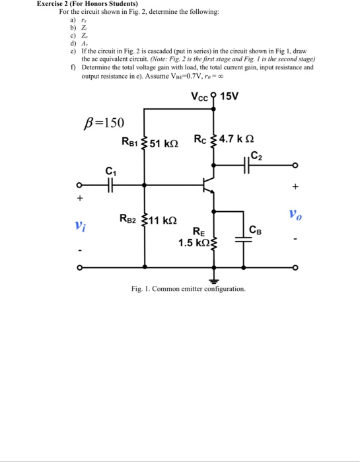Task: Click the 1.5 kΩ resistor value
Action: click(x=192, y=243)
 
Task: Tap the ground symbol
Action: click(x=213, y=278)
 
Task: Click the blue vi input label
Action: click(x=80, y=226)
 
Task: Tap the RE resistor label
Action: click(x=198, y=232)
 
